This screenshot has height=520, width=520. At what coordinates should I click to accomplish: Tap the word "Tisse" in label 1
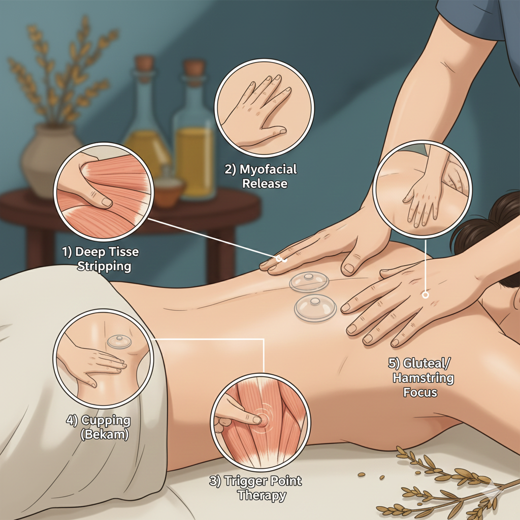(123, 252)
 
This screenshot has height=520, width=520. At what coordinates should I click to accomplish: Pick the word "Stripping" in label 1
(104, 266)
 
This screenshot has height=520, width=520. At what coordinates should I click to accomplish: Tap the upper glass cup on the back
(309, 282)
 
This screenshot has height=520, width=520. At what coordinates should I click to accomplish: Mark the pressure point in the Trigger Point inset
(260, 419)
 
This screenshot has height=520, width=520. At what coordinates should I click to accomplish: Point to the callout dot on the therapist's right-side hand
(425, 294)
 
